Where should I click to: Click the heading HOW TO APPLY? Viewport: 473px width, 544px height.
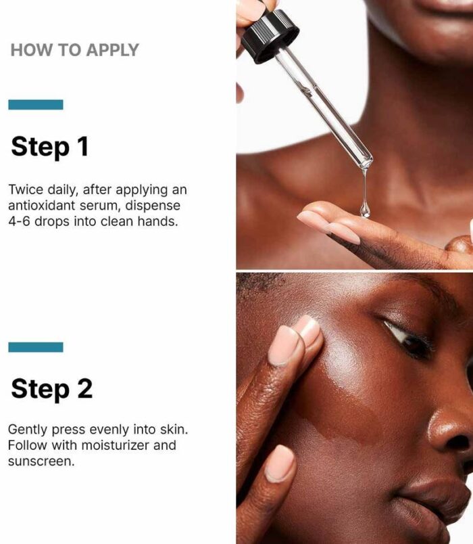pos(74,50)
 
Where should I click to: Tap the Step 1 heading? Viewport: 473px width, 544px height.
pos(49,147)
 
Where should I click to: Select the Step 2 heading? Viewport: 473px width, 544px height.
pos(51,389)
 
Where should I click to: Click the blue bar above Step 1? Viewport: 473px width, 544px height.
pos(36,105)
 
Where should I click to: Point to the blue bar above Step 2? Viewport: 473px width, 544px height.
pos(36,347)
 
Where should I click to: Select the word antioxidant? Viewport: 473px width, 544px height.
pos(42,206)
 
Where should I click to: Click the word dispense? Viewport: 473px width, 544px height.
pos(153,206)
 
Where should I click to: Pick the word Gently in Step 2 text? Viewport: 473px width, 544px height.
pos(27,430)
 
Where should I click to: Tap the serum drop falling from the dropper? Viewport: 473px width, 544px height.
pos(364,210)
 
